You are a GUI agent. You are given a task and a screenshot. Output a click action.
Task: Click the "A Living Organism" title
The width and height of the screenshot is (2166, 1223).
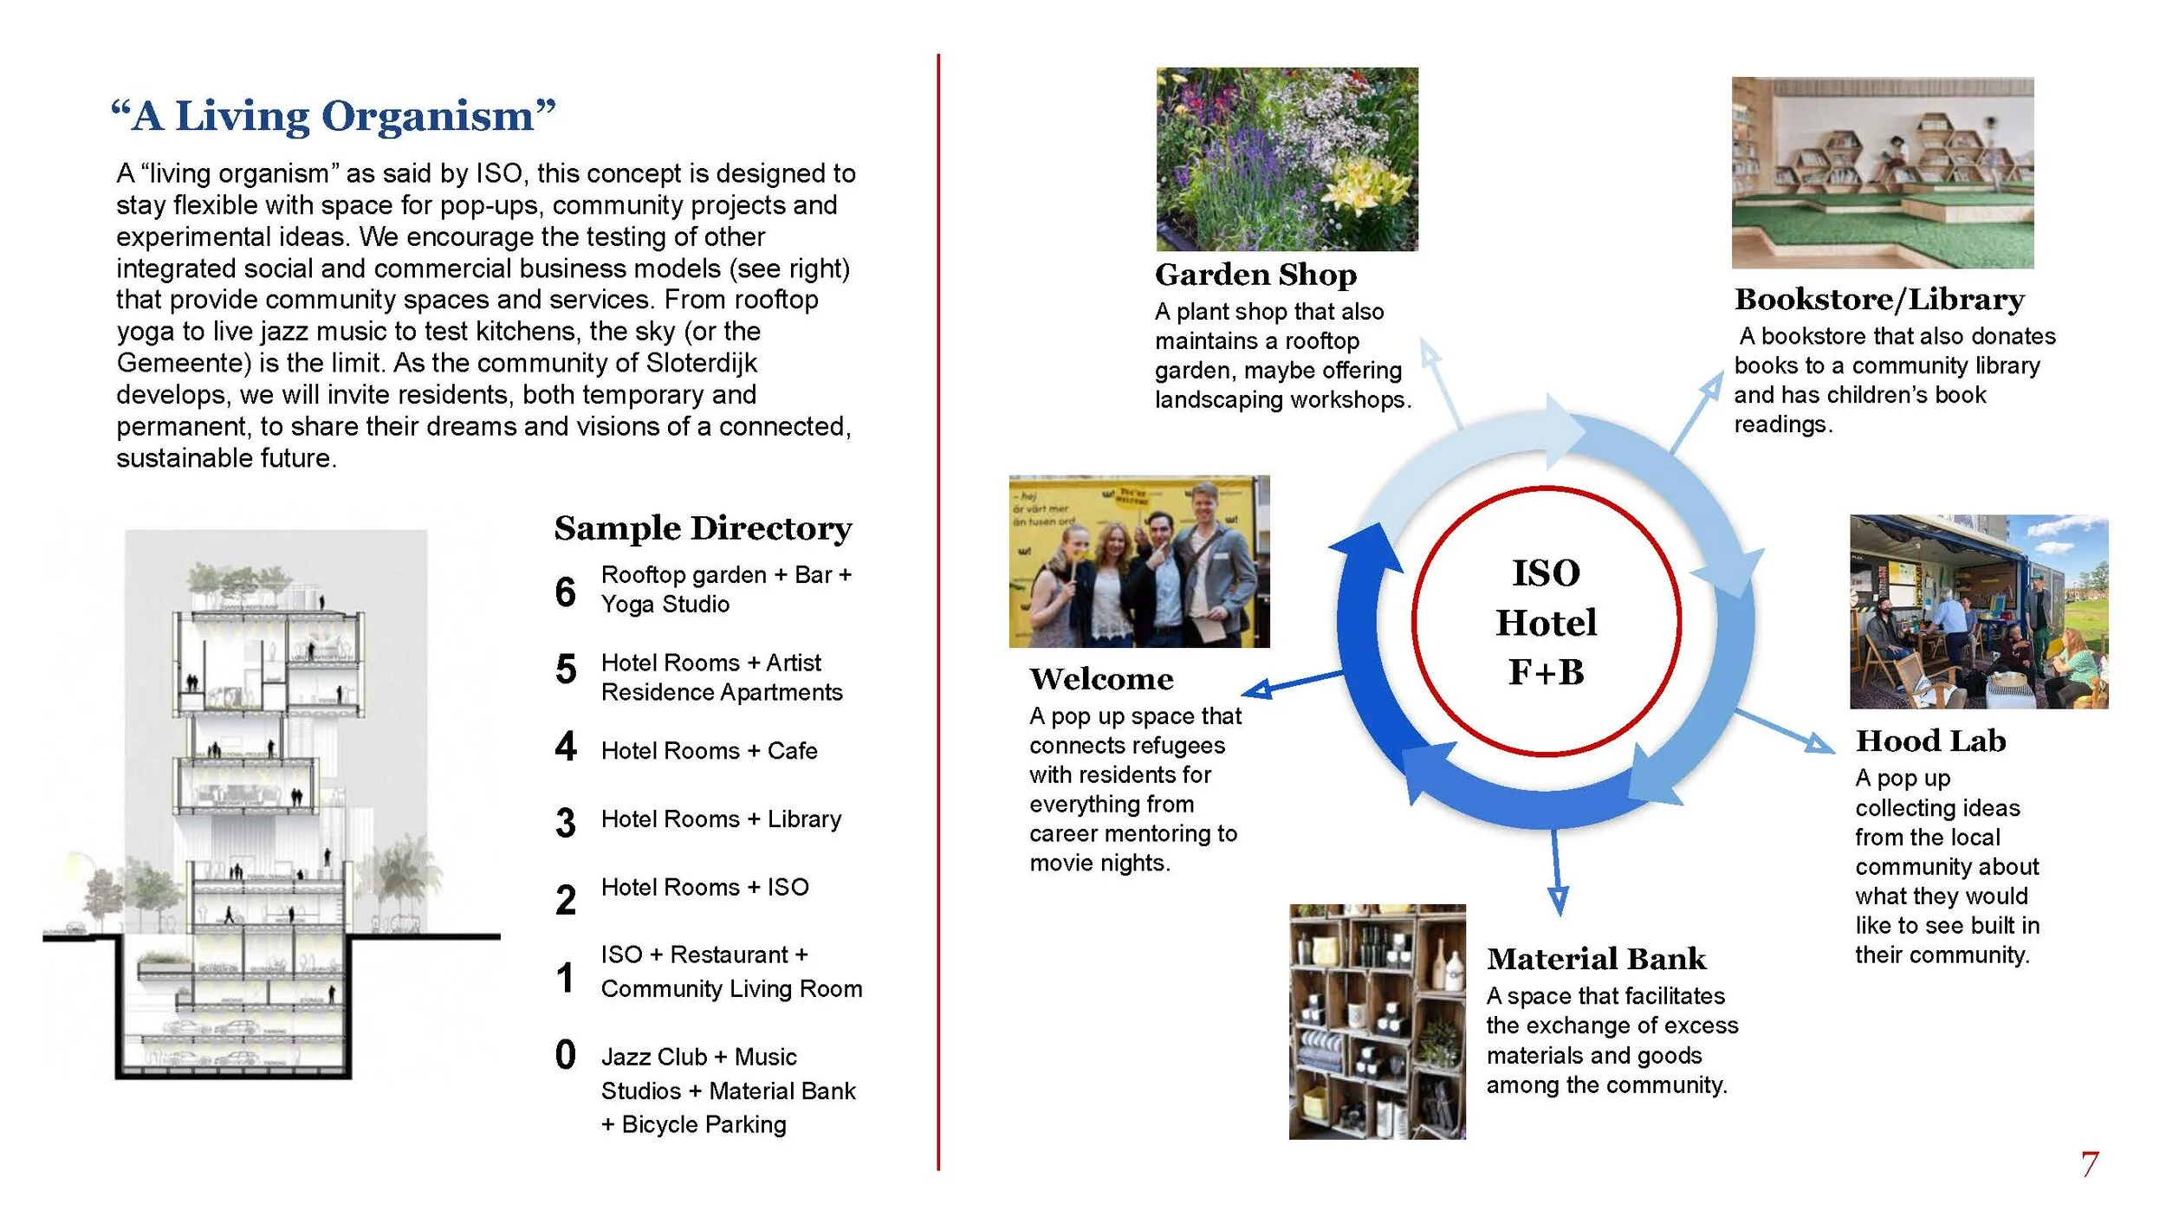click(334, 116)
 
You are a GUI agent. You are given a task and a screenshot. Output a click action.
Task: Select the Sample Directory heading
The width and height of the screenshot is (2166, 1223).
click(703, 528)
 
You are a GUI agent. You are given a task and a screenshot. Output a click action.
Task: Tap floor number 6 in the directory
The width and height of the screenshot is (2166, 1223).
click(565, 592)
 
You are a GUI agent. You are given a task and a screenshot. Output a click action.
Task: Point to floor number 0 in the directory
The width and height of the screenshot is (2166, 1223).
click(565, 1055)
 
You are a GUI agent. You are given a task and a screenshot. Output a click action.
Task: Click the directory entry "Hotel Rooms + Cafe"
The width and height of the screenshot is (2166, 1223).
click(709, 751)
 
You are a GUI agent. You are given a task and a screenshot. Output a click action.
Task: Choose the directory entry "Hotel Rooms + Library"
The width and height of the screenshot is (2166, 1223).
click(721, 819)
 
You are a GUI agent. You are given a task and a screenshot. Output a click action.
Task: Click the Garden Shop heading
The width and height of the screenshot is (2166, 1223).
click(1255, 275)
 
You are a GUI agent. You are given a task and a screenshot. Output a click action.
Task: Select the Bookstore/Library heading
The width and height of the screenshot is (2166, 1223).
click(1879, 300)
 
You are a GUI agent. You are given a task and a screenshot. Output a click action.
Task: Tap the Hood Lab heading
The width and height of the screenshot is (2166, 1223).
click(1930, 741)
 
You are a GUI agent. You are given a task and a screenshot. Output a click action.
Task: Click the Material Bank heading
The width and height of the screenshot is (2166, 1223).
click(1596, 959)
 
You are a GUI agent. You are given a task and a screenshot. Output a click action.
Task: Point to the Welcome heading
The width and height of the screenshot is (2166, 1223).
click(1101, 679)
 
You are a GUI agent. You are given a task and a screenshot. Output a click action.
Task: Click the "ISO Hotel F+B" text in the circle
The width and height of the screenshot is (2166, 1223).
click(1546, 622)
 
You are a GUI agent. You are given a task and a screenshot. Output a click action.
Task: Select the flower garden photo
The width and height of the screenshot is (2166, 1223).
click(1287, 159)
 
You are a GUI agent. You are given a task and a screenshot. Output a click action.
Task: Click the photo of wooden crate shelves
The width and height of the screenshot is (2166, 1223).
click(1377, 1021)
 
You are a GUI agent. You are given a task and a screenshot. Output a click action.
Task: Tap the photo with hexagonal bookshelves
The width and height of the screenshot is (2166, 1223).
click(1882, 172)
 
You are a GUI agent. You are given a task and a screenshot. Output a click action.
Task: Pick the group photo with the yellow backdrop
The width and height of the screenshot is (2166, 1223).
click(1138, 561)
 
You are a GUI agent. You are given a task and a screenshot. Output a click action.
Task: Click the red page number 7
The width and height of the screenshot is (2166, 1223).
click(2090, 1164)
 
